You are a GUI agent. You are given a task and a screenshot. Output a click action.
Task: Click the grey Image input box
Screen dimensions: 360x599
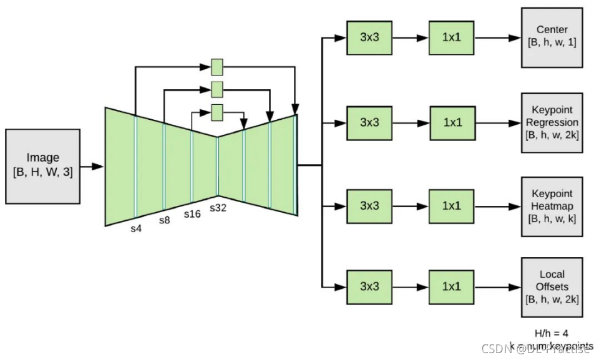(42, 166)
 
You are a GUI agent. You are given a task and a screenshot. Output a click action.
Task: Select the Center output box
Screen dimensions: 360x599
(553, 37)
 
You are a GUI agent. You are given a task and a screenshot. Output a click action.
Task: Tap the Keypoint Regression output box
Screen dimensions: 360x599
(553, 122)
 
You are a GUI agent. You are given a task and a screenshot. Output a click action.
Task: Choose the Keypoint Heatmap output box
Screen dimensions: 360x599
(553, 206)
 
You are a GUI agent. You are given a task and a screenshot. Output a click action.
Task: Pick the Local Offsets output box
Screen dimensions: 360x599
(553, 287)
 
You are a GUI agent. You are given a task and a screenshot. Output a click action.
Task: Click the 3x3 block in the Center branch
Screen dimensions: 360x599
(369, 37)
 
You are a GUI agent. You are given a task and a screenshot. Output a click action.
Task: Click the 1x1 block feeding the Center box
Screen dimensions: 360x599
(450, 37)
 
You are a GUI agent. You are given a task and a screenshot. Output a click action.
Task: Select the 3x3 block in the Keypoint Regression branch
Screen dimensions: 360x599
(369, 122)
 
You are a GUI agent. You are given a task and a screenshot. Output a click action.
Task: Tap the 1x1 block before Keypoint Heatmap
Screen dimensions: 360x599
(450, 206)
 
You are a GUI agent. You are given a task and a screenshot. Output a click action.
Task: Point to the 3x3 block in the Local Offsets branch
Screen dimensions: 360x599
(369, 287)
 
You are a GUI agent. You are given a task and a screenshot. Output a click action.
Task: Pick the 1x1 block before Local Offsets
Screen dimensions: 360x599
(450, 287)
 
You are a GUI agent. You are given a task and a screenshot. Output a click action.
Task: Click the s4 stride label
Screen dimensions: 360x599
(136, 229)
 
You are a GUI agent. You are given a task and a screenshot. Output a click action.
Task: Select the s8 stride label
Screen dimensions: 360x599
(164, 220)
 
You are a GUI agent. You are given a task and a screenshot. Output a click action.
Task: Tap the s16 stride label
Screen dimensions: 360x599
(192, 214)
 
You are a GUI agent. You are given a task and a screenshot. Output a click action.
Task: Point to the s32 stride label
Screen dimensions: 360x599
(218, 208)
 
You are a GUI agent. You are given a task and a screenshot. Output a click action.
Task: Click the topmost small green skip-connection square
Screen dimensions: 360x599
(217, 67)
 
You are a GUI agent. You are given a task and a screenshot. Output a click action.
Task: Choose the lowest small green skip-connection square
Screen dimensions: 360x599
(217, 113)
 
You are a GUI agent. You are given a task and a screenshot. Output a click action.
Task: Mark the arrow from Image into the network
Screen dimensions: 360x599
(92, 166)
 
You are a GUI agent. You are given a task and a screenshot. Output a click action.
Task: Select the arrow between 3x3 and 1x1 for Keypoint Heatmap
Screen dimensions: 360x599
(411, 206)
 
